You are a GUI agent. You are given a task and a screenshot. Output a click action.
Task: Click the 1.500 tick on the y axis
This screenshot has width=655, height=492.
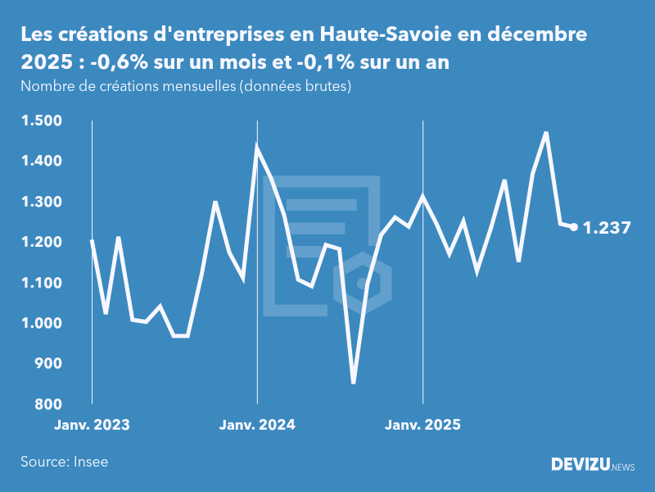(x=39, y=121)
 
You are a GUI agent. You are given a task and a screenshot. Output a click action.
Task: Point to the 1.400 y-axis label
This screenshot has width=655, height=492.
(x=39, y=162)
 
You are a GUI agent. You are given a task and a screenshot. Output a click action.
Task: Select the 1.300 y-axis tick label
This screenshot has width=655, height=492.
(x=39, y=203)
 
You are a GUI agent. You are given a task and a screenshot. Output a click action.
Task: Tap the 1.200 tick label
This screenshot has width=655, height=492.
(x=39, y=243)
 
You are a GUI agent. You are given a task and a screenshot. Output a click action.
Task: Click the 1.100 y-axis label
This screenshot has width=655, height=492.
(x=39, y=283)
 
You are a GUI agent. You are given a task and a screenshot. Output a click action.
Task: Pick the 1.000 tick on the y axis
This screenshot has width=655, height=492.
(x=39, y=324)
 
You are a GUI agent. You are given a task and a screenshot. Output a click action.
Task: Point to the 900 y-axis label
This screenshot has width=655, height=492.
(x=46, y=364)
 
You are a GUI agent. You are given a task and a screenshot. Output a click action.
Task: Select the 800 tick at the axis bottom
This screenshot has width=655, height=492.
(x=46, y=404)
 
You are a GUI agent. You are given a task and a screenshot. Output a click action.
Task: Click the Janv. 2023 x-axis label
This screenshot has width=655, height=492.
(x=92, y=426)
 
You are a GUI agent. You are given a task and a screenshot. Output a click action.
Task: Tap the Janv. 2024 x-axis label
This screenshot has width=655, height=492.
(x=257, y=426)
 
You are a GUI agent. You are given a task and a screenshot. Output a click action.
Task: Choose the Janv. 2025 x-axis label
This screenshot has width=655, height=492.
(x=422, y=426)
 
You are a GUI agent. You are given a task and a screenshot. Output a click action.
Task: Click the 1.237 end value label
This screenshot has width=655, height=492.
(x=607, y=228)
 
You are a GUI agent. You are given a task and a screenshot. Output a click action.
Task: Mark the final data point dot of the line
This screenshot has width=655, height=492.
(x=574, y=227)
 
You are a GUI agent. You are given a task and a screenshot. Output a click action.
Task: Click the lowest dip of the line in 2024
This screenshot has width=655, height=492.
(x=353, y=382)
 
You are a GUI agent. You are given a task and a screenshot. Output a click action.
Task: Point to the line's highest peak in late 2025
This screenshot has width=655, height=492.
(x=546, y=133)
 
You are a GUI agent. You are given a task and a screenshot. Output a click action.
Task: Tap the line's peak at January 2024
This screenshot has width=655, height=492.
(x=257, y=148)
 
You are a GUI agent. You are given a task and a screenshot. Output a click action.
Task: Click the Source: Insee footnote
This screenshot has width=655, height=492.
(x=64, y=462)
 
